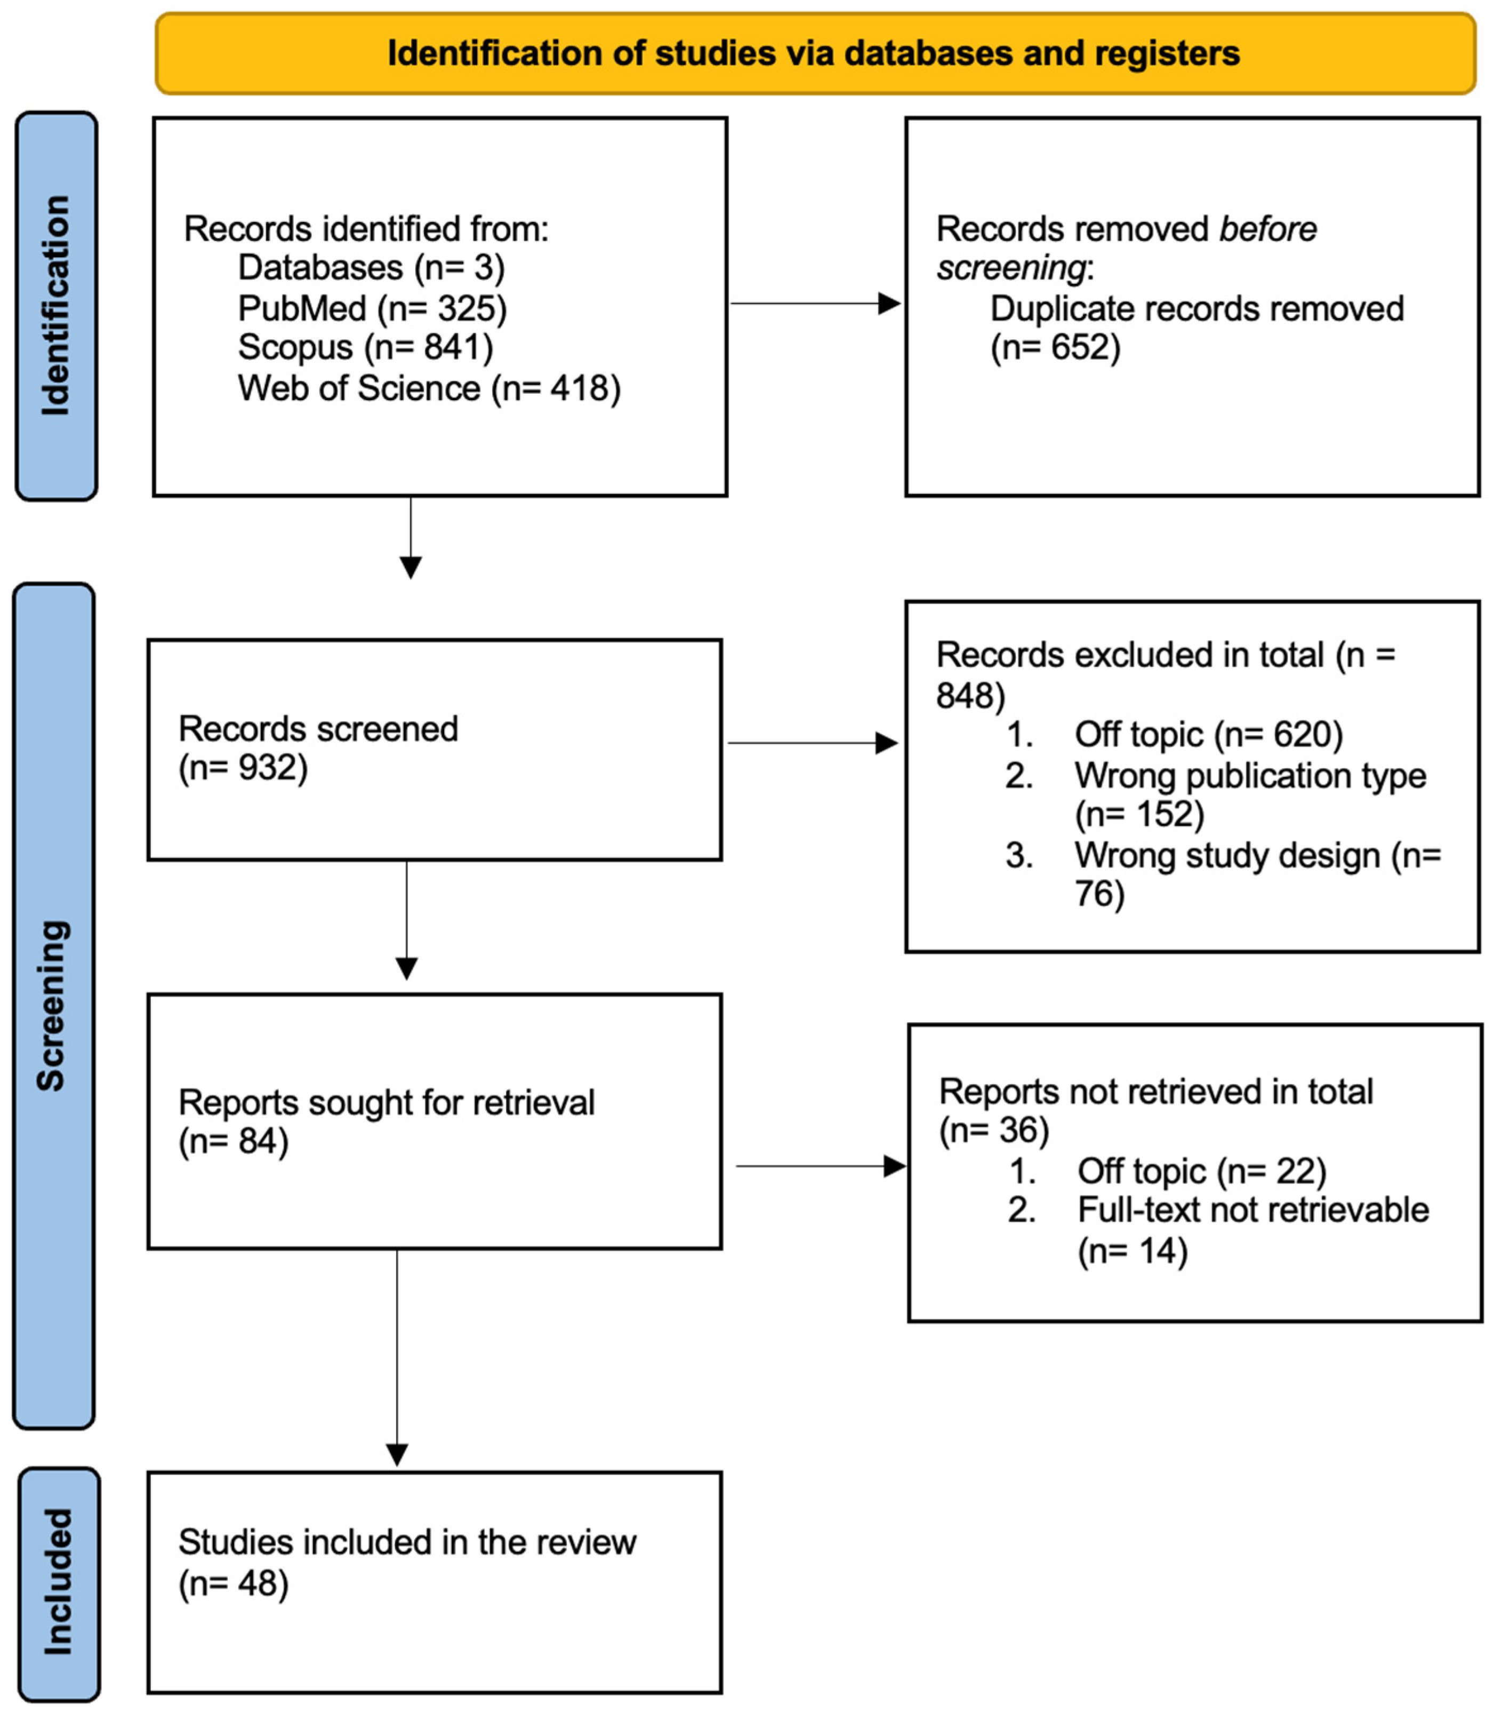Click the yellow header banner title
click(x=813, y=53)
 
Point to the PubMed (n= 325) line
click(x=372, y=308)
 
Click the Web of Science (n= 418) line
click(x=429, y=388)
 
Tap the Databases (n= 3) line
click(x=371, y=268)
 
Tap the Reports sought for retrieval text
click(x=386, y=1103)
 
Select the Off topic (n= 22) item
click(x=1201, y=1171)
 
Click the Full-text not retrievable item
click(x=1252, y=1210)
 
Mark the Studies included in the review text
click(x=407, y=1542)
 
